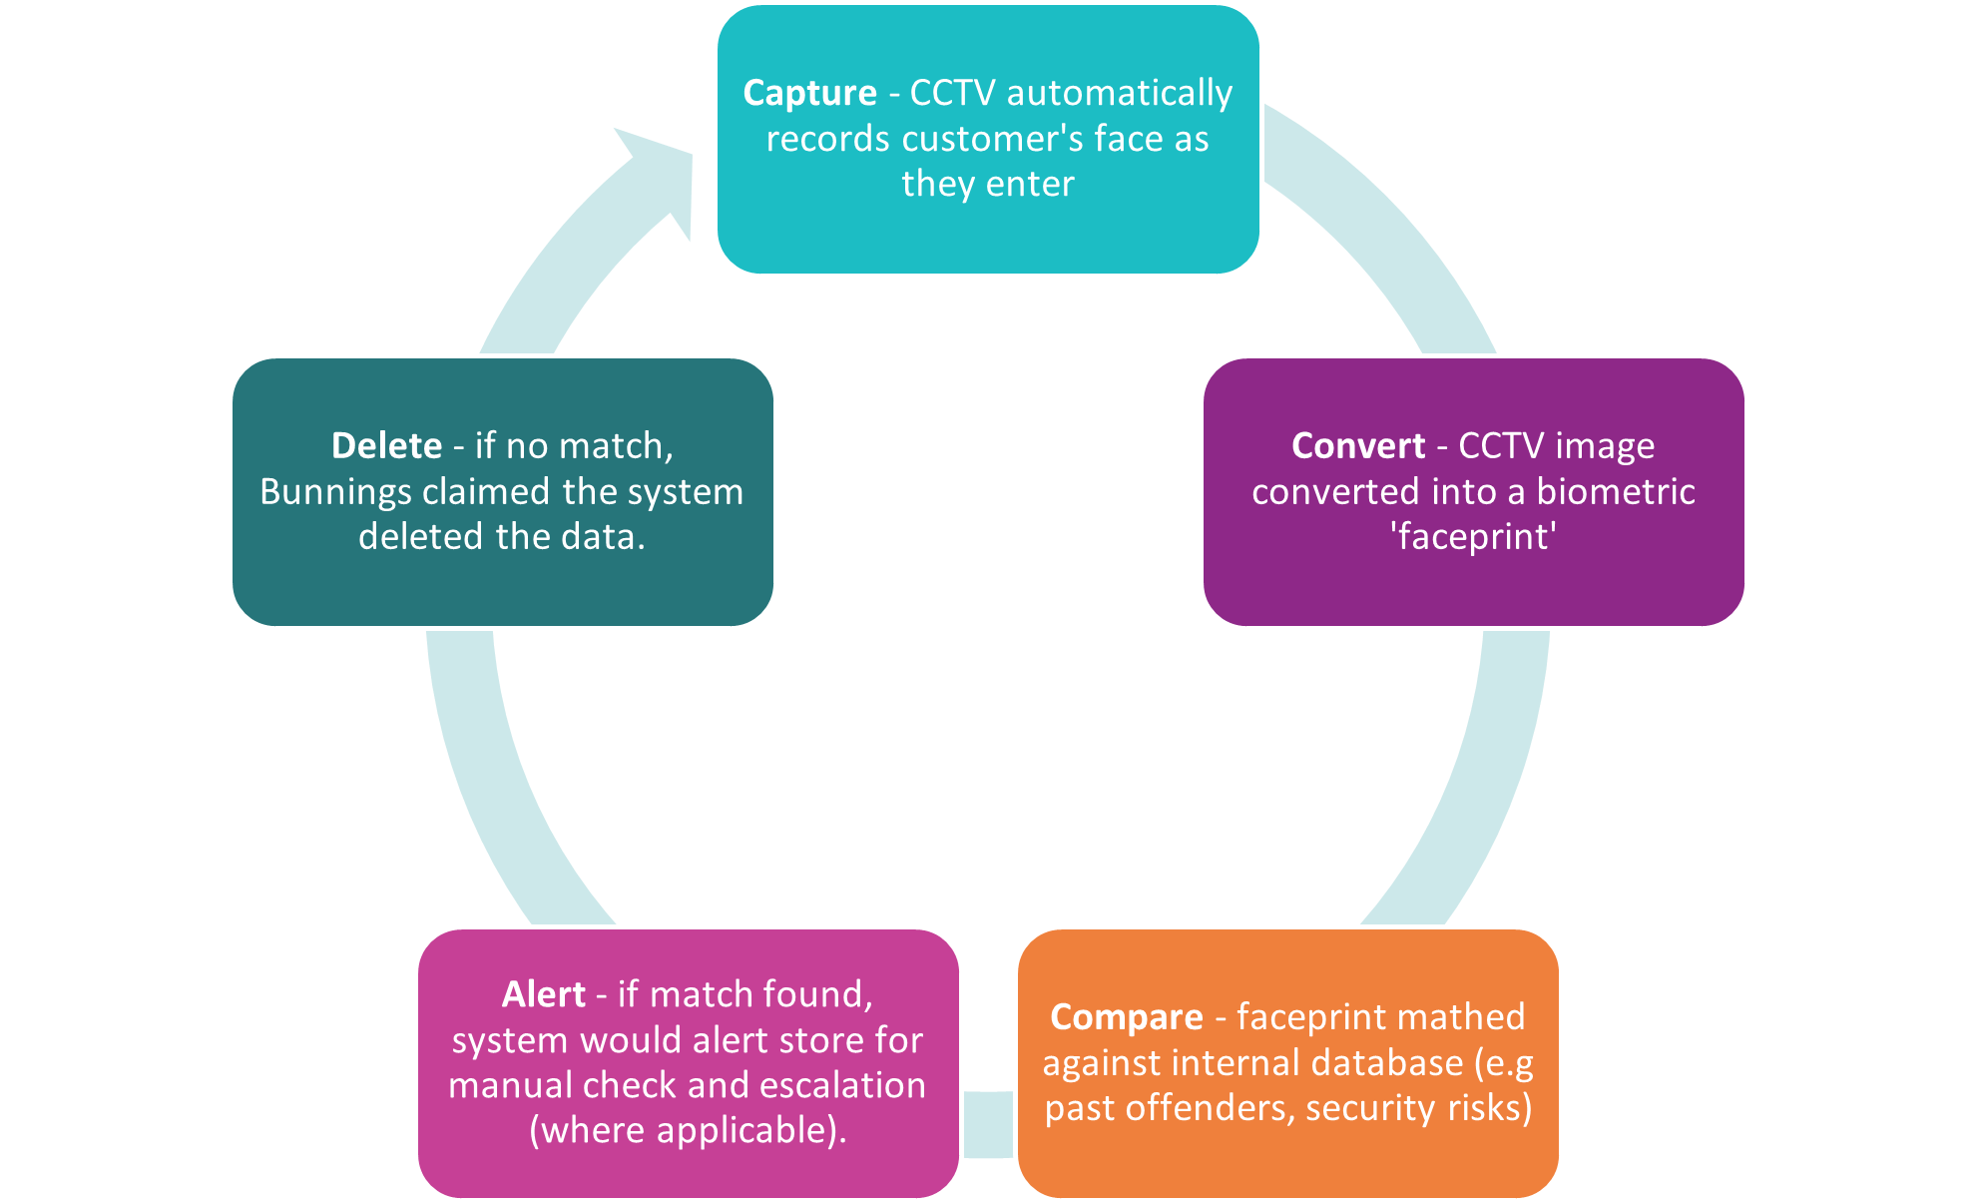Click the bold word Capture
tap(809, 93)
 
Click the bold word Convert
tap(1357, 445)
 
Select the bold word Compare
tap(1126, 1017)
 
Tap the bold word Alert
tap(543, 994)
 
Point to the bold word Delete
tap(386, 445)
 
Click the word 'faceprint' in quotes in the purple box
tap(1473, 537)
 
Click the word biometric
tap(1616, 492)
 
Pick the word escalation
tap(843, 1085)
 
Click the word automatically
tap(1120, 93)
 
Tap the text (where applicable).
tap(688, 1130)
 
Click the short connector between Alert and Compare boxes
tap(988, 1124)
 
